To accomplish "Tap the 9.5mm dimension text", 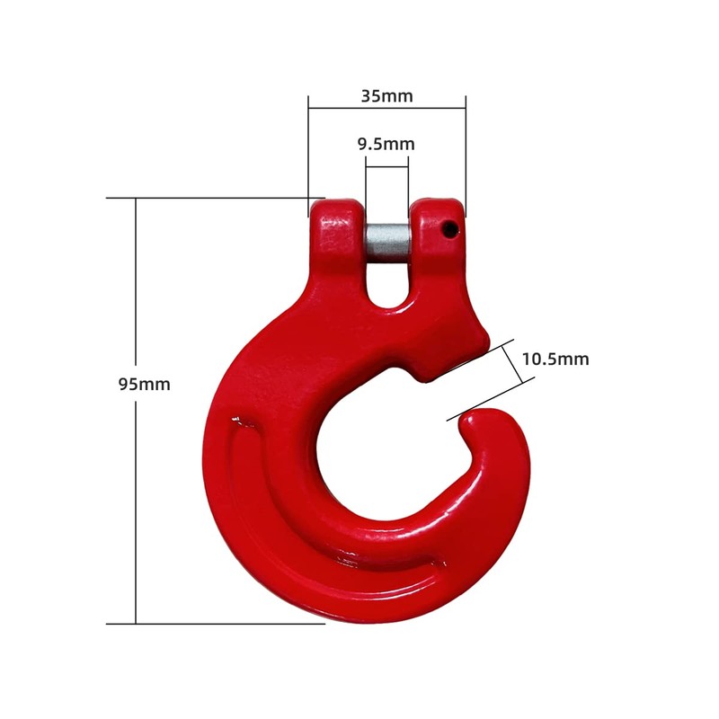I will pyautogui.click(x=386, y=143).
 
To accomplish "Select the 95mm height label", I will pyautogui.click(x=144, y=384).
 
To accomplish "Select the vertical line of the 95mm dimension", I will pyautogui.click(x=136, y=503).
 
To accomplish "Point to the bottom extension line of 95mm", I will pyautogui.click(x=216, y=623).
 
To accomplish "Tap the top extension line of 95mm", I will pyautogui.click(x=216, y=198).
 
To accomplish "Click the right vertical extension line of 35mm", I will pyautogui.click(x=466, y=153).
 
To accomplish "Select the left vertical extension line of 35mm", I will pyautogui.click(x=308, y=153).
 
